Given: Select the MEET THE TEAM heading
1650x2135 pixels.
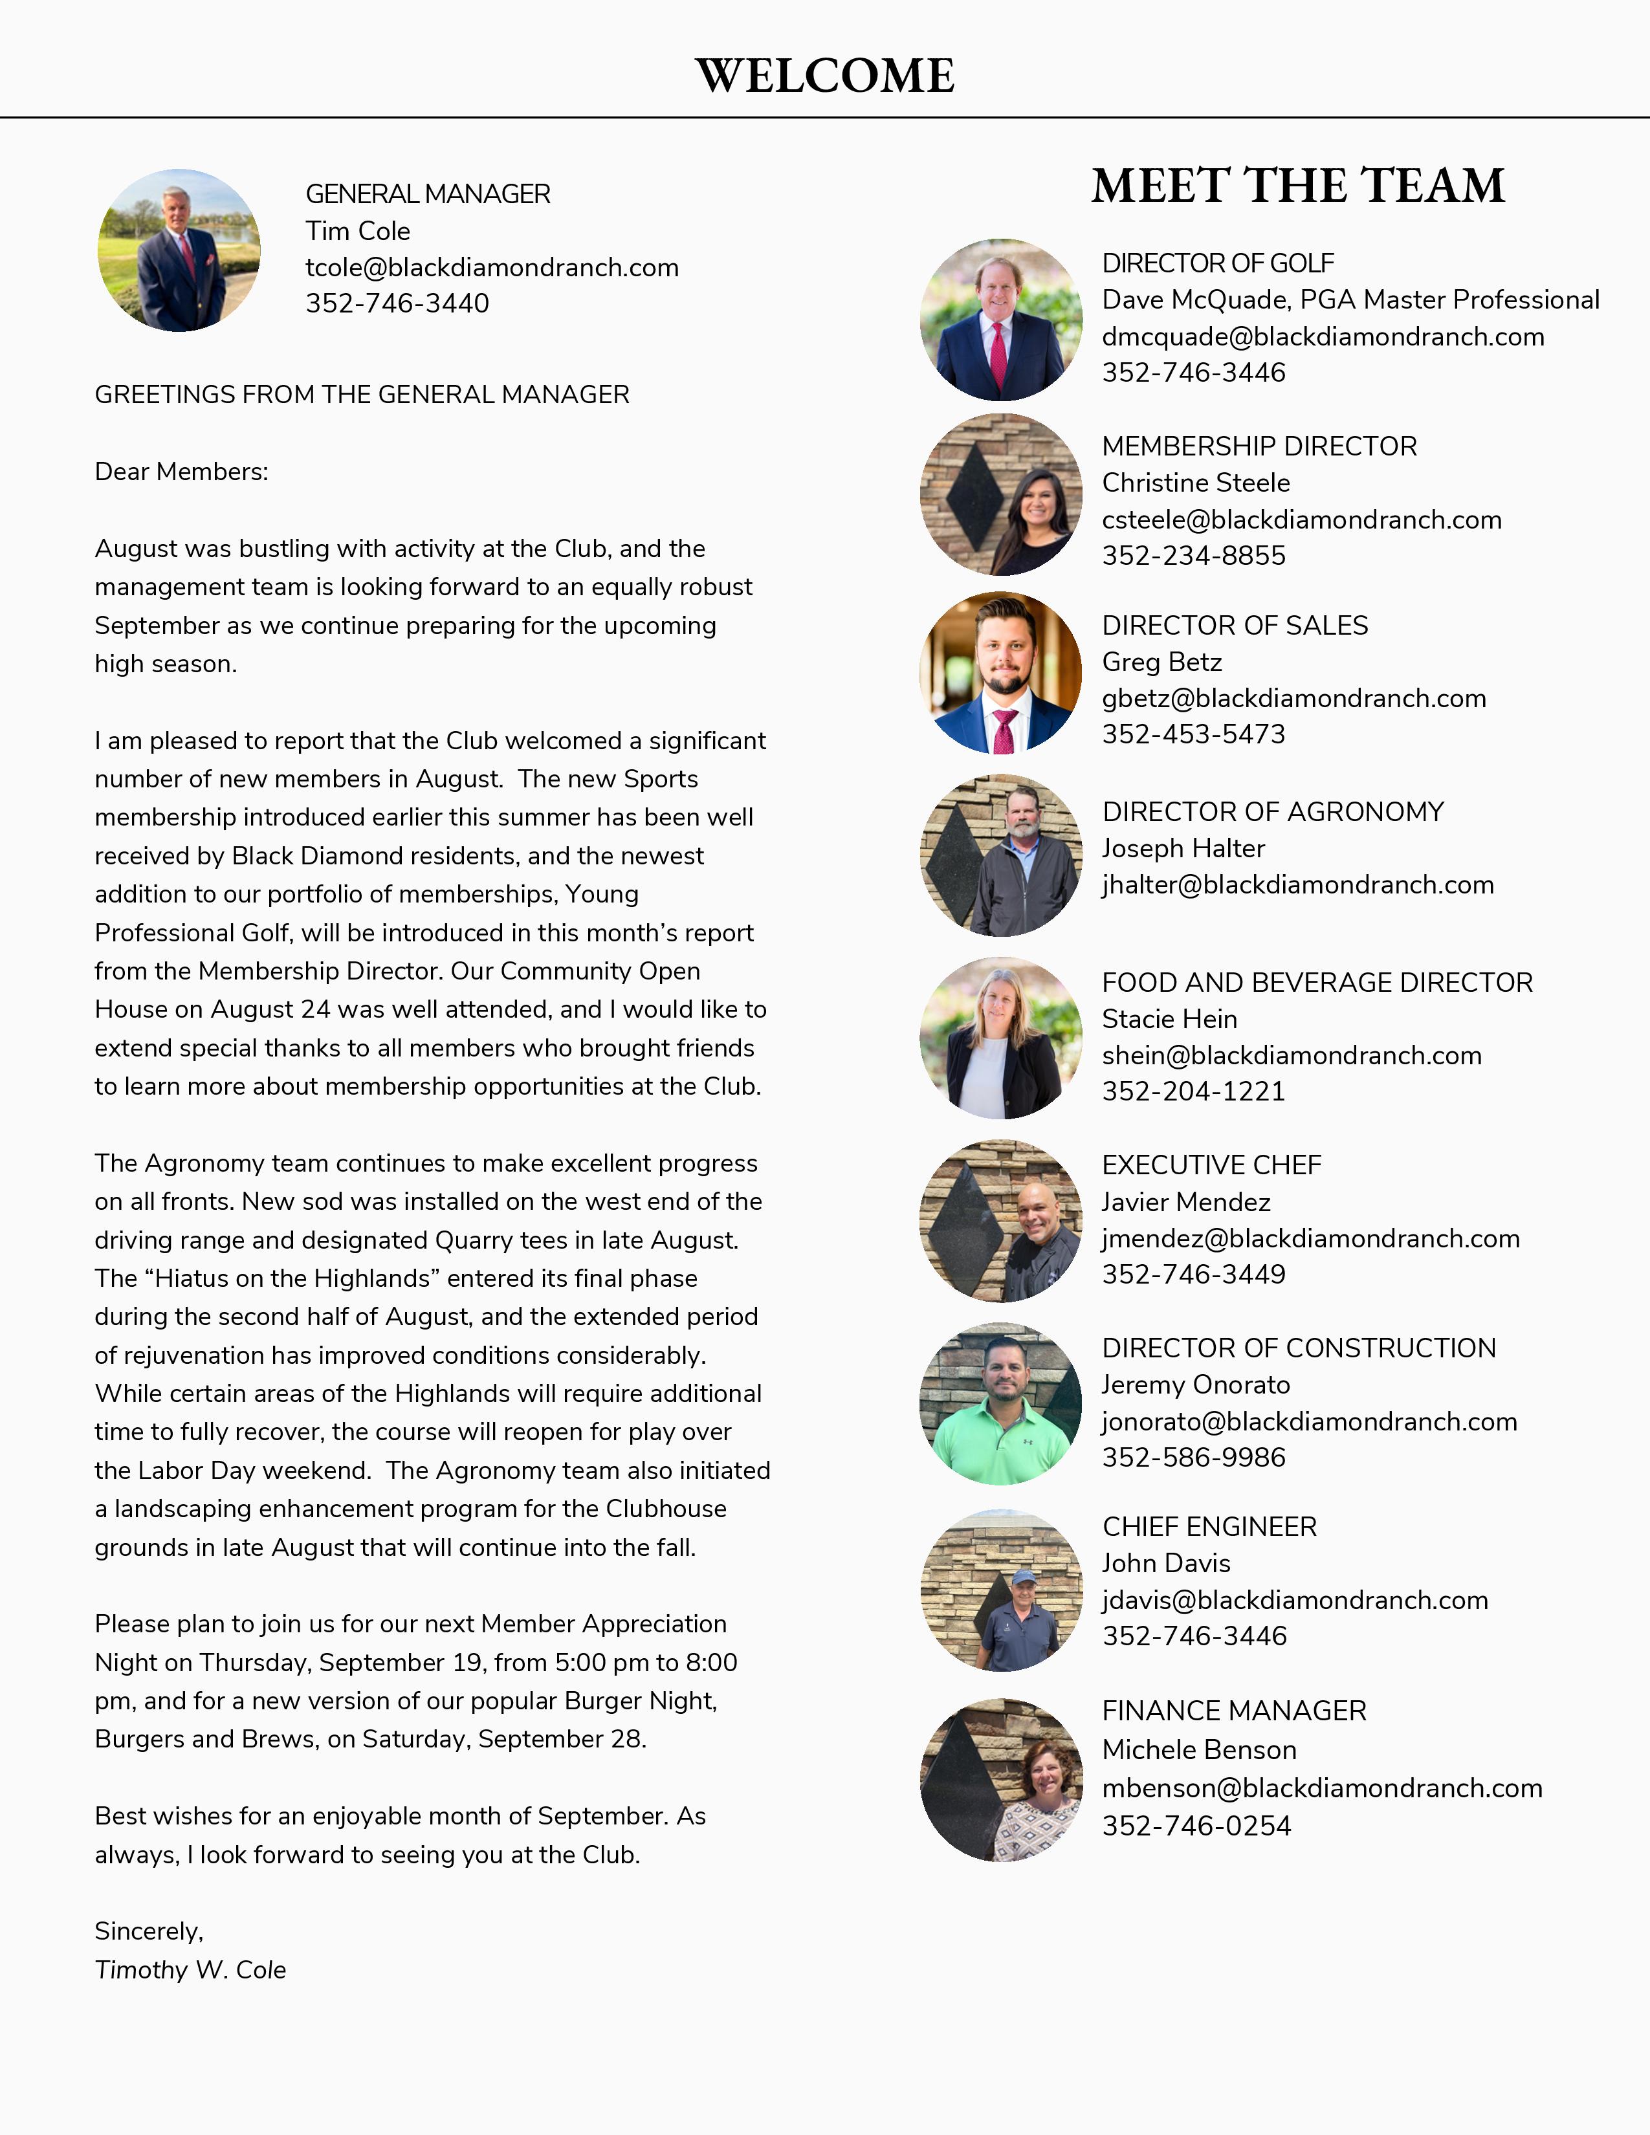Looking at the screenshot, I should [x=1297, y=185].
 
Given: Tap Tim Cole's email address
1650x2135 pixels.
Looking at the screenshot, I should [x=492, y=267].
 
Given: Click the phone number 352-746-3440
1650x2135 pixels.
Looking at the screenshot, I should [x=397, y=303].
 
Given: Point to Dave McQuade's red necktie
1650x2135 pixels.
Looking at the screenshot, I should [x=998, y=354].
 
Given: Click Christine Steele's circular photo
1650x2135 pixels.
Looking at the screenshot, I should [x=1001, y=495].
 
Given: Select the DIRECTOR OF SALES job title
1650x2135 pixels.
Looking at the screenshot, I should [x=1235, y=625].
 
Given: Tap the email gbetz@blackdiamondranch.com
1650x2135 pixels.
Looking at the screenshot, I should [x=1293, y=698].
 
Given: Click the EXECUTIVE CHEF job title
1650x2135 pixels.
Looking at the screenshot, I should [x=1211, y=1165].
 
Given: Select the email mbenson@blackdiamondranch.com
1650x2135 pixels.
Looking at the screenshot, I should [x=1321, y=1788].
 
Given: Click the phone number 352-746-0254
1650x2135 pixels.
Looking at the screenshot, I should [x=1196, y=1825].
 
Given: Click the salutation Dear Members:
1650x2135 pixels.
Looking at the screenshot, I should [x=181, y=471].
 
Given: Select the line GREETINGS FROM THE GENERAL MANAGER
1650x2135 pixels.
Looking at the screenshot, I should [x=362, y=394].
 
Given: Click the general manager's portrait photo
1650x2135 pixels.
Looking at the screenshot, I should [x=179, y=250].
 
